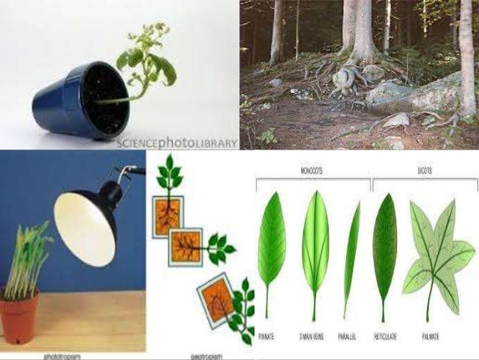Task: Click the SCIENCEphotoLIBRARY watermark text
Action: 176,142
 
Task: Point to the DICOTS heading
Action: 425,173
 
